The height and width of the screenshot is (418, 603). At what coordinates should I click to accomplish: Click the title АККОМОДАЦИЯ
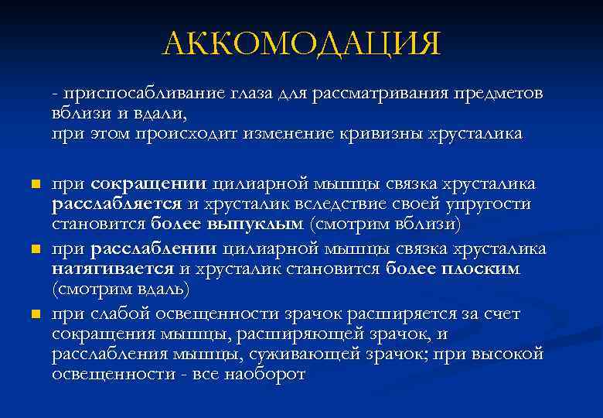click(301, 44)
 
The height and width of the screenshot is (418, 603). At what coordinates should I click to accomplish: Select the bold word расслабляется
click(114, 205)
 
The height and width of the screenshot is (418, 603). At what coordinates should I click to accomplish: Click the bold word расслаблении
click(154, 249)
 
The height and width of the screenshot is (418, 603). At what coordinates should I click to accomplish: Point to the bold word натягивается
click(113, 269)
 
